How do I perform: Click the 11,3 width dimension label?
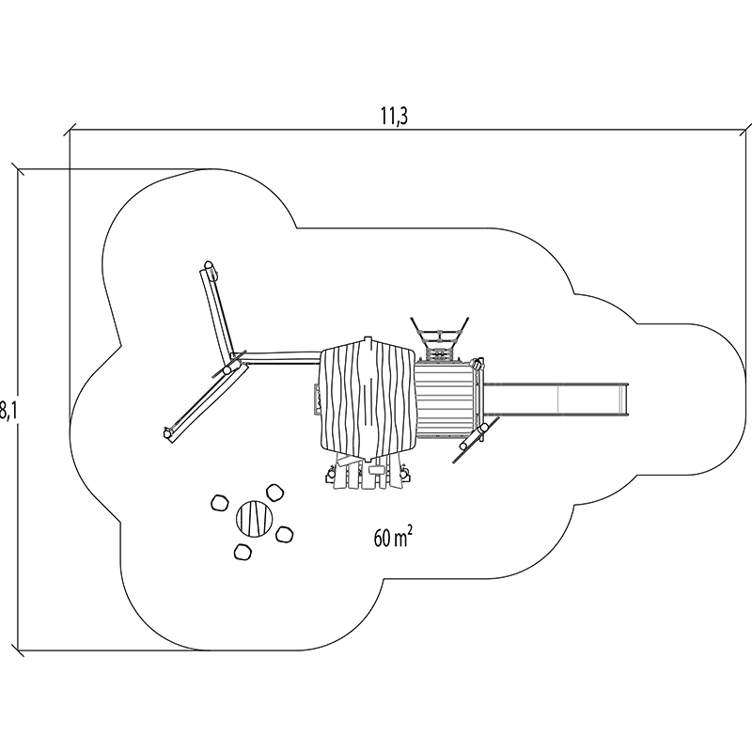(394, 117)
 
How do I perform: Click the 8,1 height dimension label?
(7, 410)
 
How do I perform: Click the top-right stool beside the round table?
(275, 493)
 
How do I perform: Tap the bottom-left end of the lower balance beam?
(169, 433)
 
